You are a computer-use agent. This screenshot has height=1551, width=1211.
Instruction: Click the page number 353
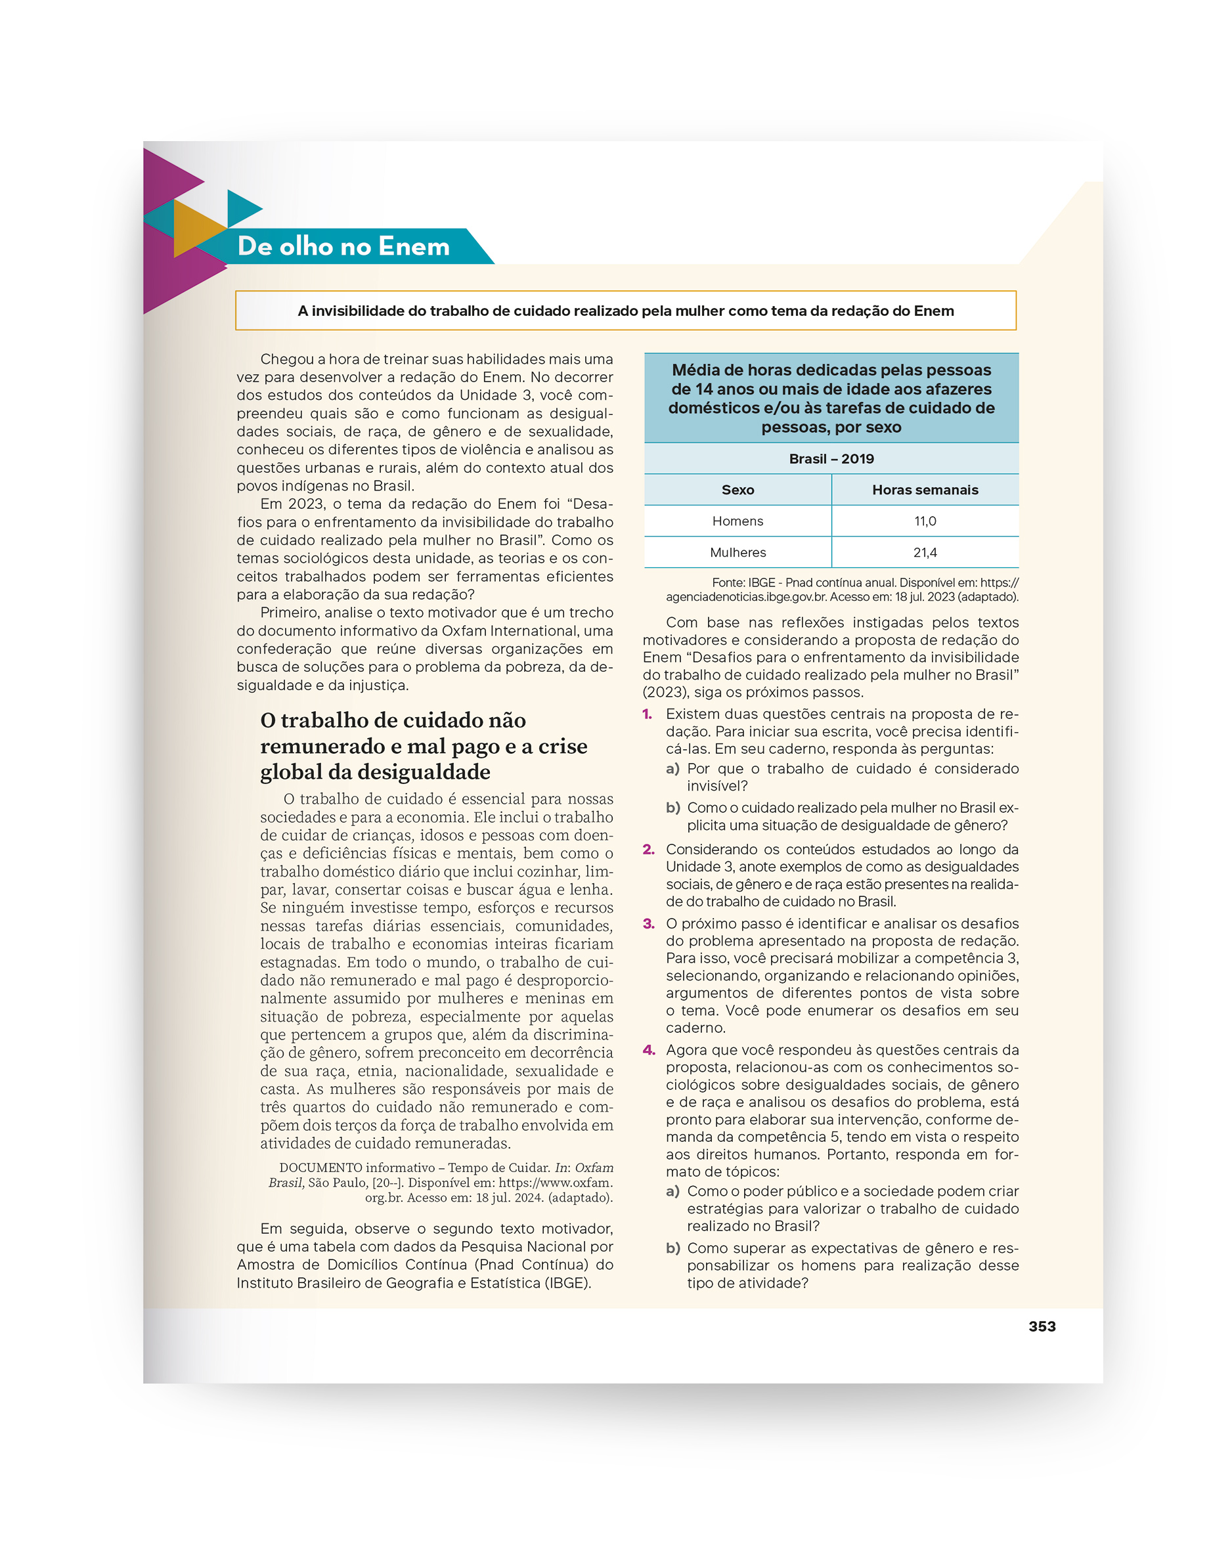pyautogui.click(x=1042, y=1326)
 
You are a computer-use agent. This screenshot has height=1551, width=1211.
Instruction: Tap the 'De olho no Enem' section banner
pyautogui.click(x=343, y=246)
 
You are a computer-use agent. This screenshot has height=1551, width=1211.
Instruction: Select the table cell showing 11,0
pyautogui.click(x=925, y=521)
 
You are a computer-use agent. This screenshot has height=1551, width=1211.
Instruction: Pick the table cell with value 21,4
pyautogui.click(x=925, y=552)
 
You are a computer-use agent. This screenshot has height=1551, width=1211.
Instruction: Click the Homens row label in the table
pyautogui.click(x=738, y=521)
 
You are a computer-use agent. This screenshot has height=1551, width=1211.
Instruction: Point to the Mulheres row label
pyautogui.click(x=738, y=552)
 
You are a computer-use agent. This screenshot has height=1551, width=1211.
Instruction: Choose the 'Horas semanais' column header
pyautogui.click(x=925, y=489)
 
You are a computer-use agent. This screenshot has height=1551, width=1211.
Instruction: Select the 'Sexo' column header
pyautogui.click(x=738, y=489)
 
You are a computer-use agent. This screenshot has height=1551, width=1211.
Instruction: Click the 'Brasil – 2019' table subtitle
pyautogui.click(x=831, y=459)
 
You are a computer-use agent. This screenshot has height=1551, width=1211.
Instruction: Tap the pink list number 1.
pyautogui.click(x=647, y=714)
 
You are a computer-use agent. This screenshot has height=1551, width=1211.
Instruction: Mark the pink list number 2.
pyautogui.click(x=648, y=849)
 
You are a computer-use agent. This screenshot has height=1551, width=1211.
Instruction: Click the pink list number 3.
pyautogui.click(x=648, y=923)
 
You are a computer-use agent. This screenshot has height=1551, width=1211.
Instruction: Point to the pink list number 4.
pyautogui.click(x=648, y=1049)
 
